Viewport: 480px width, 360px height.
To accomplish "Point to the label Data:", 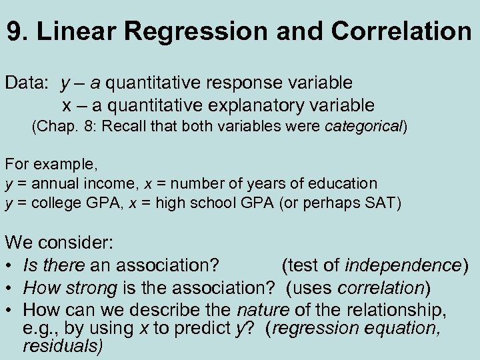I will [x=27, y=83].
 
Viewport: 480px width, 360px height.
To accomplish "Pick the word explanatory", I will [x=242, y=105].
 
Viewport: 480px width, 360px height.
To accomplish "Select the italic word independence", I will [x=403, y=266].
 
